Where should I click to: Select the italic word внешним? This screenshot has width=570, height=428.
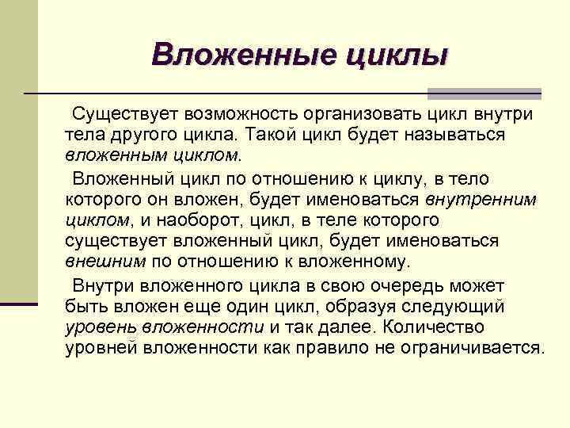tap(105, 262)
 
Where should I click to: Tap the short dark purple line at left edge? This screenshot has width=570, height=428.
tap(19, 304)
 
